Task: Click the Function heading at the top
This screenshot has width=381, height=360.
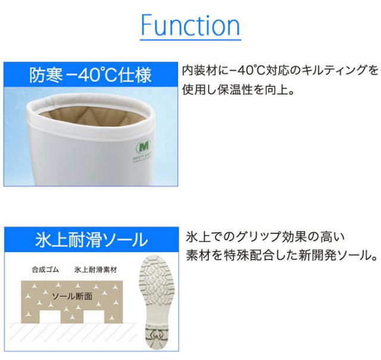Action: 190,25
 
